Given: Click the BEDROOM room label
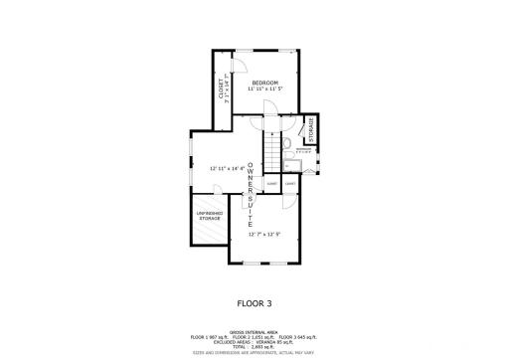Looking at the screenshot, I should [263, 83].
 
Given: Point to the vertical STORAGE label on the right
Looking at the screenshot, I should [310, 130].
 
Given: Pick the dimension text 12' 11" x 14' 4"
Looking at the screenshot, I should [228, 168].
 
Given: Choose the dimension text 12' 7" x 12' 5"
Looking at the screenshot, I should [263, 235].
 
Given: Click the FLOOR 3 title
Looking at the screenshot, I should [254, 303].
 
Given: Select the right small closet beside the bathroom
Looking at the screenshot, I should [290, 184].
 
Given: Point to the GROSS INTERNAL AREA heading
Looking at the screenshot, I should [254, 332].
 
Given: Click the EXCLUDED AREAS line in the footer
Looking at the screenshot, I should [254, 342].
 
